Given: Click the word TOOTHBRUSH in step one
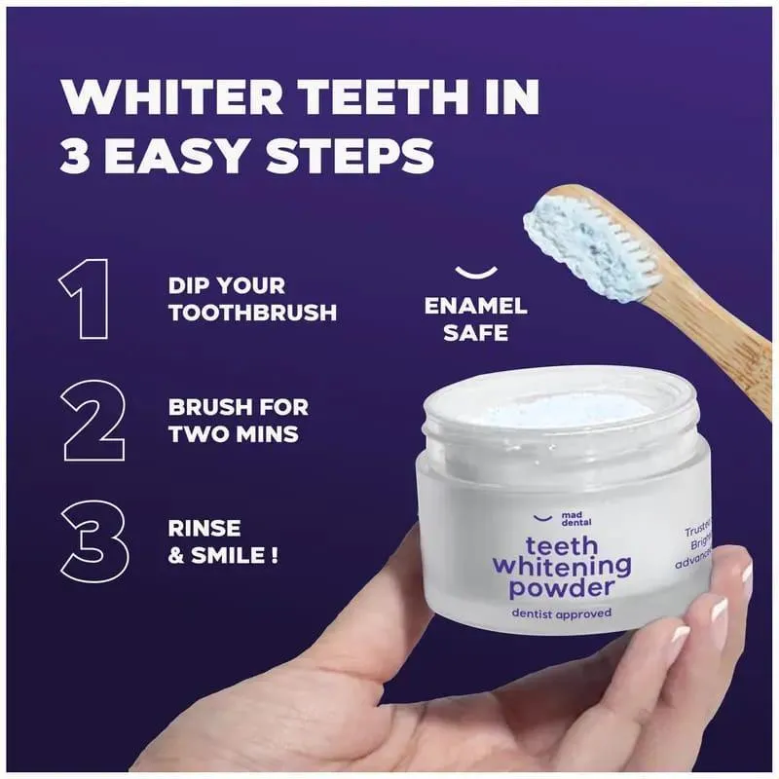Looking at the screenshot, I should [252, 313].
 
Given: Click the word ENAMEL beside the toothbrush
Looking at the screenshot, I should [475, 306].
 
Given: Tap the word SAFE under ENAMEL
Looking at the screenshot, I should [475, 333].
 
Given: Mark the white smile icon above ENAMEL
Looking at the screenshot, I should [474, 272].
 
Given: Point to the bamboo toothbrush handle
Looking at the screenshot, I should [711, 321].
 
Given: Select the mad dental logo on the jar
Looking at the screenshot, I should [553, 521].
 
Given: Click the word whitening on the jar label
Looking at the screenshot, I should [562, 566].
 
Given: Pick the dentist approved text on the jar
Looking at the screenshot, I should [562, 612].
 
